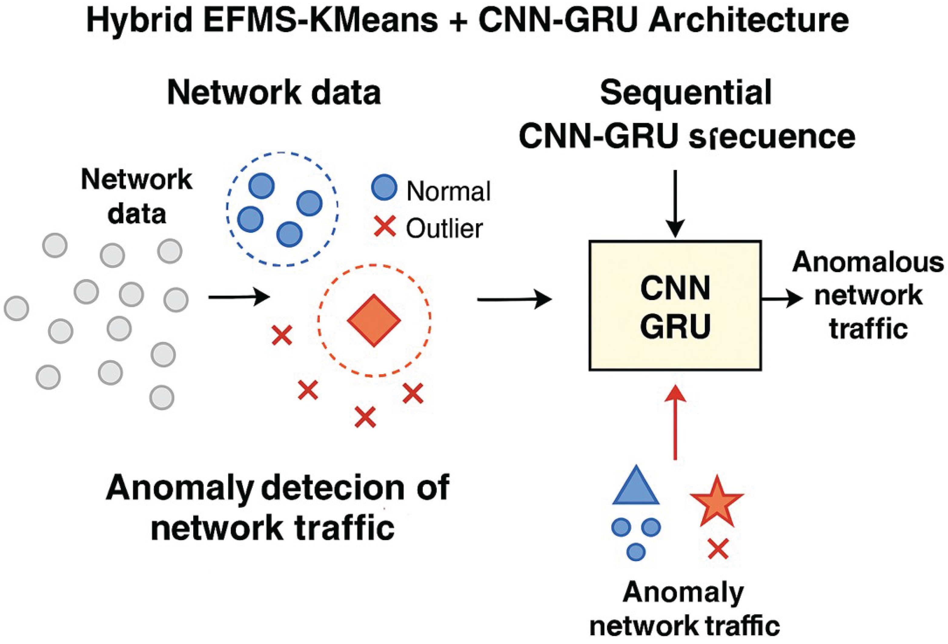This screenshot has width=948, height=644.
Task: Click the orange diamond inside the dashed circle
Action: pyautogui.click(x=374, y=321)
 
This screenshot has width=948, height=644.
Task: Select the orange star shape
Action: pyautogui.click(x=717, y=502)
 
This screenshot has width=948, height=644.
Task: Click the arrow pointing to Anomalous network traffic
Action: pyautogui.click(x=781, y=299)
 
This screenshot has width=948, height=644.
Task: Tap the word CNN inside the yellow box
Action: pyautogui.click(x=675, y=288)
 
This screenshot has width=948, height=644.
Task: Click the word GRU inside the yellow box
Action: pyautogui.click(x=675, y=326)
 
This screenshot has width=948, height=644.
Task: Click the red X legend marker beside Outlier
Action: pyautogui.click(x=385, y=227)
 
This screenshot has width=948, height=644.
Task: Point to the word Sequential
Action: pyautogui.click(x=686, y=93)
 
